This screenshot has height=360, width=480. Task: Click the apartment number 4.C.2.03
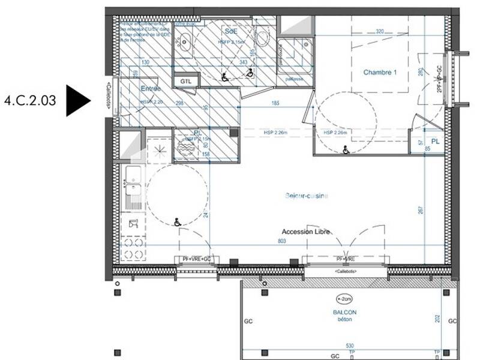(x=30, y=100)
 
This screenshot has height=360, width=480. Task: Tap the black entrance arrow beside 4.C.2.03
(x=77, y=100)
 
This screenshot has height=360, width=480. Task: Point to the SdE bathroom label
(x=230, y=30)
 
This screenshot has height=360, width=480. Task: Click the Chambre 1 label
(x=380, y=73)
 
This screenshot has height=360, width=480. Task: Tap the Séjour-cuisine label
(x=306, y=196)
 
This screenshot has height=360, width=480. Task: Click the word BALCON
(x=345, y=312)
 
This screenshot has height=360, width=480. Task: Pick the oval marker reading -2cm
(x=345, y=298)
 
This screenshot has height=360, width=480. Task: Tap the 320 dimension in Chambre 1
(x=380, y=31)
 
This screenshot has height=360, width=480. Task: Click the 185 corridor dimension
(x=275, y=104)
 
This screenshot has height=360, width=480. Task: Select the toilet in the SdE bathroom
(x=262, y=38)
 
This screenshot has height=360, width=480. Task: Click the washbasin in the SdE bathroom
(x=185, y=42)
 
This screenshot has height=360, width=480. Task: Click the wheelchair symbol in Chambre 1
(x=346, y=150)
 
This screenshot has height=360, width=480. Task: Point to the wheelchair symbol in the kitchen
(x=177, y=222)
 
